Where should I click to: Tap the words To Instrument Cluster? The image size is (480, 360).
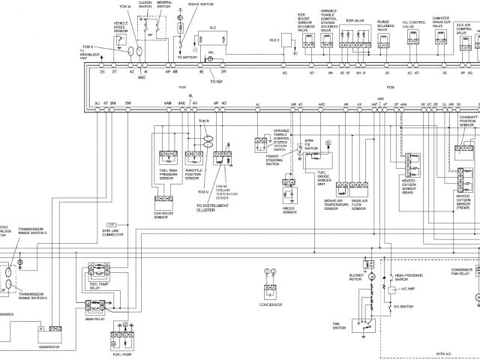click(211, 208)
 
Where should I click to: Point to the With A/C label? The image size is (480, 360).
click(447, 352)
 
